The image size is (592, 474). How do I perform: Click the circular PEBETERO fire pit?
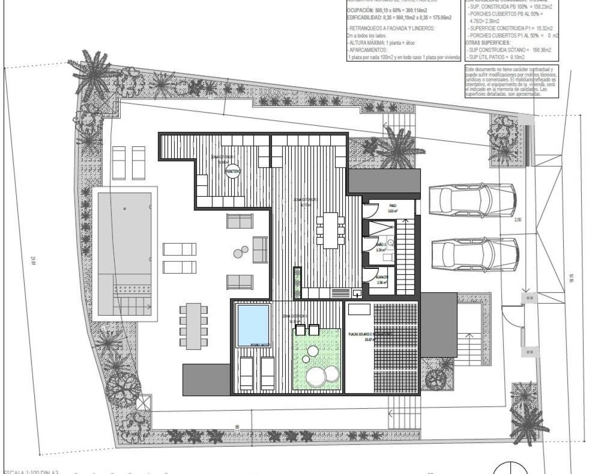(x=233, y=172)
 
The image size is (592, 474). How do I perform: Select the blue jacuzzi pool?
(x=253, y=324)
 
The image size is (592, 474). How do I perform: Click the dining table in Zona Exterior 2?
(x=330, y=230)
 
